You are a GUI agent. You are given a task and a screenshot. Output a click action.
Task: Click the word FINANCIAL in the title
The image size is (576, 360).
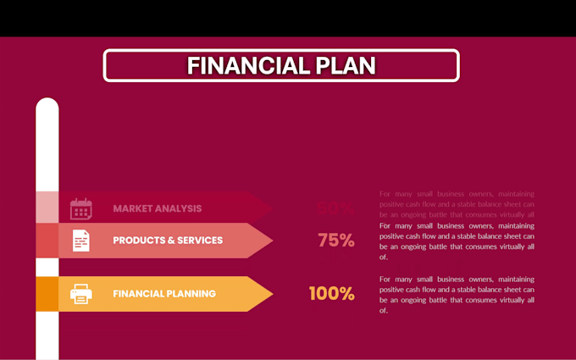click(x=238, y=66)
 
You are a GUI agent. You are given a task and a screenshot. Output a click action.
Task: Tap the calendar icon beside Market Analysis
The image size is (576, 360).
click(x=80, y=208)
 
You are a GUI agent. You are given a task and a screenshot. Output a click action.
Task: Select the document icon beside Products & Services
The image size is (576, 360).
click(x=80, y=241)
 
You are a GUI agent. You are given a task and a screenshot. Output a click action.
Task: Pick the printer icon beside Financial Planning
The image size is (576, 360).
click(x=80, y=294)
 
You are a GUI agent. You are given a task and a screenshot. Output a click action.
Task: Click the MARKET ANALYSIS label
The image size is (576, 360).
click(x=158, y=208)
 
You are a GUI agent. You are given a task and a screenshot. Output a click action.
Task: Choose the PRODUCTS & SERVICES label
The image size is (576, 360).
click(x=168, y=241)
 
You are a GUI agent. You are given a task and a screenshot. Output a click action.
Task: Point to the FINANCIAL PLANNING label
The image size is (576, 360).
click(x=164, y=294)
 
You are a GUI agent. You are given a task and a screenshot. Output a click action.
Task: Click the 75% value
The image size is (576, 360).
click(x=336, y=241)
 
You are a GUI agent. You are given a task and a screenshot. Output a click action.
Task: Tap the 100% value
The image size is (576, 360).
click(x=331, y=294)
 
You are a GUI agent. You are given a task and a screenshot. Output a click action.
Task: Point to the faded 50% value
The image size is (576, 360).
click(x=335, y=208)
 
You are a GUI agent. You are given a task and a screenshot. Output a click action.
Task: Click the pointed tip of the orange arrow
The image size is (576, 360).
click(x=271, y=294)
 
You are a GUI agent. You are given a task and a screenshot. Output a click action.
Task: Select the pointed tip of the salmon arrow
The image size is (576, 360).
click(x=271, y=241)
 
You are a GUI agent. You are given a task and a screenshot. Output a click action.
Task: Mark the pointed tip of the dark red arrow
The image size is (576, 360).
click(x=271, y=208)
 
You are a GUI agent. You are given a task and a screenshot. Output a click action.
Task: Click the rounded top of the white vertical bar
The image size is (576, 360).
click(x=47, y=103)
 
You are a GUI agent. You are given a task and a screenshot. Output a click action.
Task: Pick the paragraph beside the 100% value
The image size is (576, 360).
click(x=457, y=294)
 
